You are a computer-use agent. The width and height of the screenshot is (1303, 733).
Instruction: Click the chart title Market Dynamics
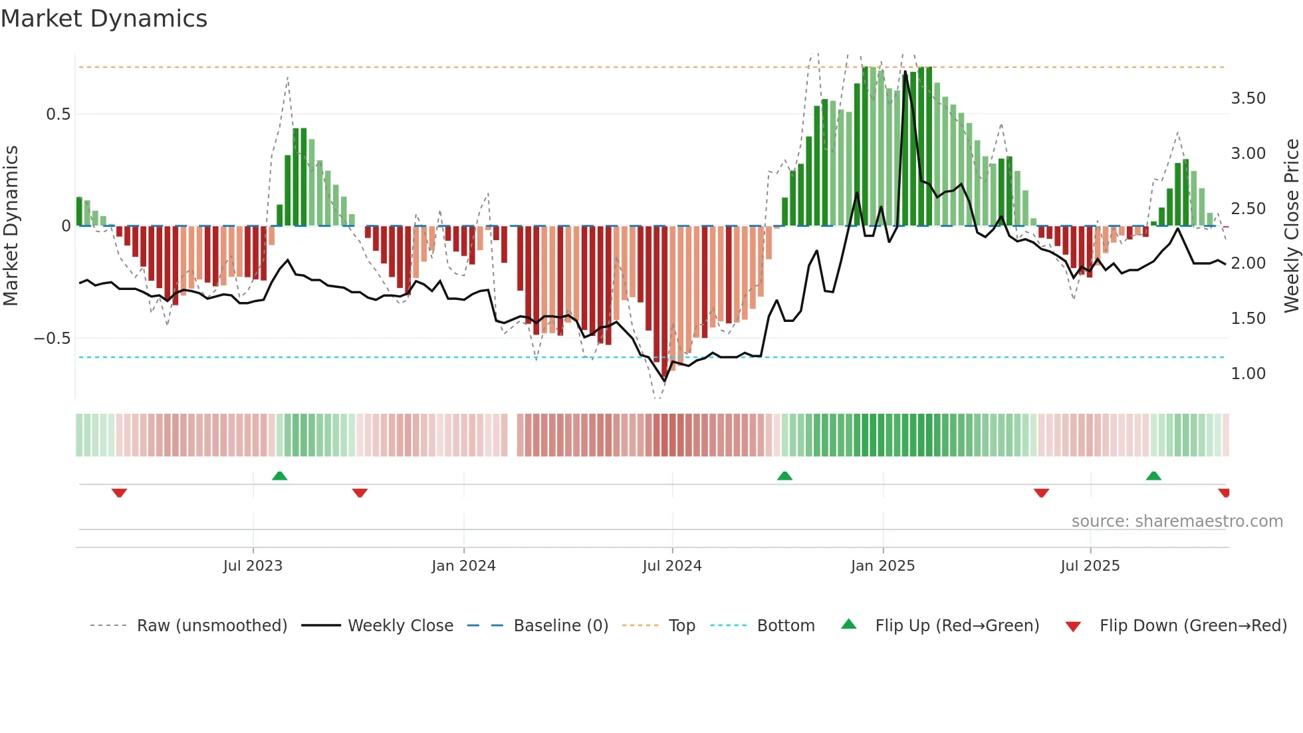point(104,19)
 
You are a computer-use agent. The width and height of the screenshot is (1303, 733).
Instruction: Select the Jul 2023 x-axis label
point(253,566)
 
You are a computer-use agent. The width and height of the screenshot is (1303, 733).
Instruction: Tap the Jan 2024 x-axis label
point(463,566)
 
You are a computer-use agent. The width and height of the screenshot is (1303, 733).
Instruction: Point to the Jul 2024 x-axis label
point(672,566)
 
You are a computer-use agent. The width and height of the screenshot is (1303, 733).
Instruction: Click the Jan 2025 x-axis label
point(883,566)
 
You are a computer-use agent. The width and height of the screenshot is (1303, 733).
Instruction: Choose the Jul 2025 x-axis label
point(1090,566)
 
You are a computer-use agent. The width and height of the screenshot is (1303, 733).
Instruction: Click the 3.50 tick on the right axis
point(1248,98)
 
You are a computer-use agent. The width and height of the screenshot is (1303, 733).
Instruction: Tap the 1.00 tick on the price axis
point(1248,374)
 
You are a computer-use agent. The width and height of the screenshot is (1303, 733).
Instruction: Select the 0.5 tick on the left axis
point(58,114)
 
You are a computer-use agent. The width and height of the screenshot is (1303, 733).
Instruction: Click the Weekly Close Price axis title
point(1291,226)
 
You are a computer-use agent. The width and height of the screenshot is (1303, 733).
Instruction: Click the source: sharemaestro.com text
point(1177,521)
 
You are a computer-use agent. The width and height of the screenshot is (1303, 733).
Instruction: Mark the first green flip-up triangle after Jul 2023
point(279,476)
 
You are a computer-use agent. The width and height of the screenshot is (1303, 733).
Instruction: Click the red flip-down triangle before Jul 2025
point(1041,493)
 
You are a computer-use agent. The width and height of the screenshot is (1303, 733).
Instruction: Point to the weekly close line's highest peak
point(905,71)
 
